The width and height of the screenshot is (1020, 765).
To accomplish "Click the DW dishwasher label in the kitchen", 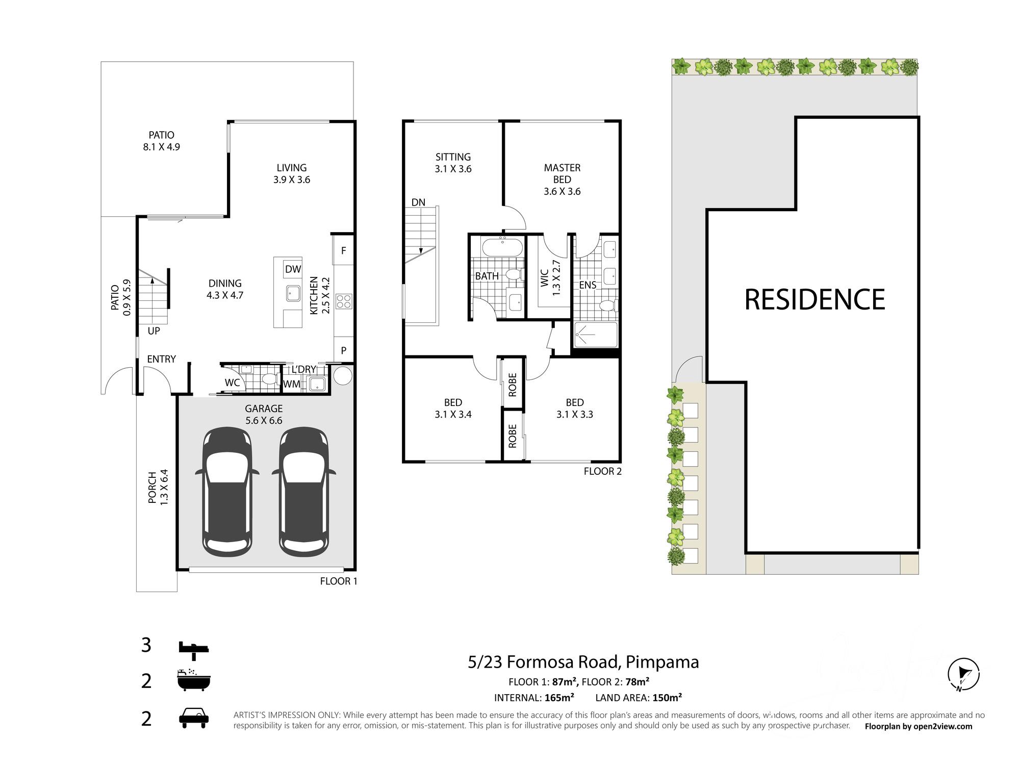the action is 293,269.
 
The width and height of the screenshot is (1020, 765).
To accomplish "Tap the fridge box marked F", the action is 344,250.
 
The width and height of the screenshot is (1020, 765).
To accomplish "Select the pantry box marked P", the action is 344,350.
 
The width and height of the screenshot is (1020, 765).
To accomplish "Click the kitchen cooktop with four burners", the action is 344,301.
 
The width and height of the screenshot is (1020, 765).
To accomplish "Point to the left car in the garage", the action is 227,492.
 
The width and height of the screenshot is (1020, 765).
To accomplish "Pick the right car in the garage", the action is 304,492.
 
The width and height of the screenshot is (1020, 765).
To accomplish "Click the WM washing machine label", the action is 292,384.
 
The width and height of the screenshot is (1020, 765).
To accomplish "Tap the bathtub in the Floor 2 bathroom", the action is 502,247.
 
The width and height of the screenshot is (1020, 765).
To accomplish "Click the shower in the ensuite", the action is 596,335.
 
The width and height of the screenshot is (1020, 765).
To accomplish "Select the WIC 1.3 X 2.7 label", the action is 550,278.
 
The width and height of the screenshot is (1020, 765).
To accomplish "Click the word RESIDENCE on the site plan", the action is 814,299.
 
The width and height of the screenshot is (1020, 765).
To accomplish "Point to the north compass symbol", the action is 963,674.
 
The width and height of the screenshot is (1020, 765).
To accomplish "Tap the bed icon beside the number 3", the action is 194,647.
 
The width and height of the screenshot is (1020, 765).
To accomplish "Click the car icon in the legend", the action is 194,718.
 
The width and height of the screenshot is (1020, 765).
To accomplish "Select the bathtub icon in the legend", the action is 194,680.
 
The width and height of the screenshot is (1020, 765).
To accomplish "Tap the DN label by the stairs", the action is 418,202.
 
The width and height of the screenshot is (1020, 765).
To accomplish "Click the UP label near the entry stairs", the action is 154,331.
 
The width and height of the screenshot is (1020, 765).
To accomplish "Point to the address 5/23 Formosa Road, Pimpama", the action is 583,662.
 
